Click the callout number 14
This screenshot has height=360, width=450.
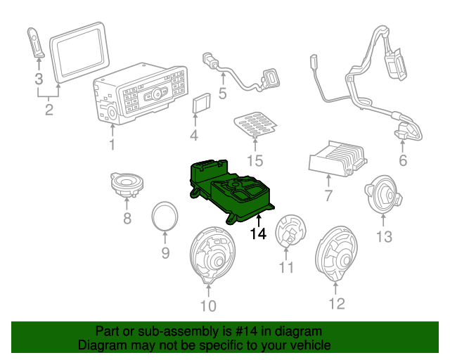258,234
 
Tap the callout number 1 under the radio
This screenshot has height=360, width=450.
112,146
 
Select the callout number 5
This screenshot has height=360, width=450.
222,93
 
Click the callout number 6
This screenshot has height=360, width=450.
403,161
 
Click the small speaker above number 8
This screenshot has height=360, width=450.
126,185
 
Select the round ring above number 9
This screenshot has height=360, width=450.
166,214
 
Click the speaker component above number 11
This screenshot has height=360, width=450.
290,230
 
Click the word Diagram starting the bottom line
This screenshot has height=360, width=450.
100,346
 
